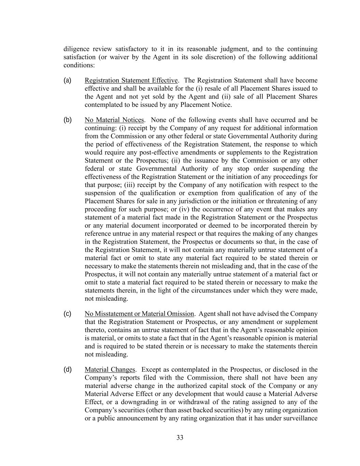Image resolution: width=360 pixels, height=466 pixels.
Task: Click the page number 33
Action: click(x=180, y=438)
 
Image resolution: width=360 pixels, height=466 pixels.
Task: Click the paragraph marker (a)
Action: click(x=67, y=80)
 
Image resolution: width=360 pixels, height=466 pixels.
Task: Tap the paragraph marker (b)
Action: click(x=68, y=120)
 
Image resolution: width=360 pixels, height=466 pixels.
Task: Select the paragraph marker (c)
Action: click(x=67, y=314)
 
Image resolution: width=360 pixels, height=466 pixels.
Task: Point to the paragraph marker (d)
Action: click(x=68, y=369)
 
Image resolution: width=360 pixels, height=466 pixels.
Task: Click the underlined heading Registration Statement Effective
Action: click(x=131, y=81)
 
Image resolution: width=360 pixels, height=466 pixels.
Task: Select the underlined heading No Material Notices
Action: click(x=114, y=120)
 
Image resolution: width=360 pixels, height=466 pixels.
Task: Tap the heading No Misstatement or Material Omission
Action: click(x=139, y=314)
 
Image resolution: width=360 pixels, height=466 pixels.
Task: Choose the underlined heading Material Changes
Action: click(x=110, y=370)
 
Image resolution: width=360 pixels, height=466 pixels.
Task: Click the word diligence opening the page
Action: click(x=77, y=49)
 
